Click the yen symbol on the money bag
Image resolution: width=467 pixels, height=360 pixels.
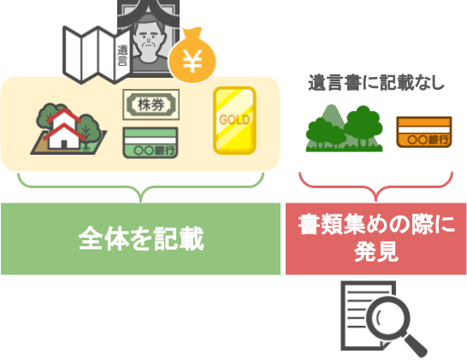click(192, 61)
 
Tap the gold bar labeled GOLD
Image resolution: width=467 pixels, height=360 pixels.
click(234, 121)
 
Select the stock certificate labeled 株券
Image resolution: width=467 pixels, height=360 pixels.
click(151, 105)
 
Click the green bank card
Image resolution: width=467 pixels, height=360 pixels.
click(151, 143)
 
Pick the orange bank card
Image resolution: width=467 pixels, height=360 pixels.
click(424, 132)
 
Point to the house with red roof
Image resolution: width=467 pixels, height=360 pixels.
click(63, 128)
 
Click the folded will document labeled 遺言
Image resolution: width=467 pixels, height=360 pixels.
click(98, 55)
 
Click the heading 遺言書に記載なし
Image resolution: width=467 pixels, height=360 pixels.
click(376, 82)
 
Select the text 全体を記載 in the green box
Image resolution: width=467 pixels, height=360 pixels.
click(141, 239)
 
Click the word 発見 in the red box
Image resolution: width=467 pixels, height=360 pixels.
click(376, 252)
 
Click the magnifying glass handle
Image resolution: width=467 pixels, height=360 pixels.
click(414, 345)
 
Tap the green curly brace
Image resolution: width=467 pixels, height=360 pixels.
click(141, 186)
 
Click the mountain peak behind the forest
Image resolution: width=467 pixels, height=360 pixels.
click(331, 107)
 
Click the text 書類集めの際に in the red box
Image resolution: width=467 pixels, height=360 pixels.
click(376, 224)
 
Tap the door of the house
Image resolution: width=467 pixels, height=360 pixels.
click(64, 145)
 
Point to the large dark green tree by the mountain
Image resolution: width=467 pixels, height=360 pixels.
click(363, 122)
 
